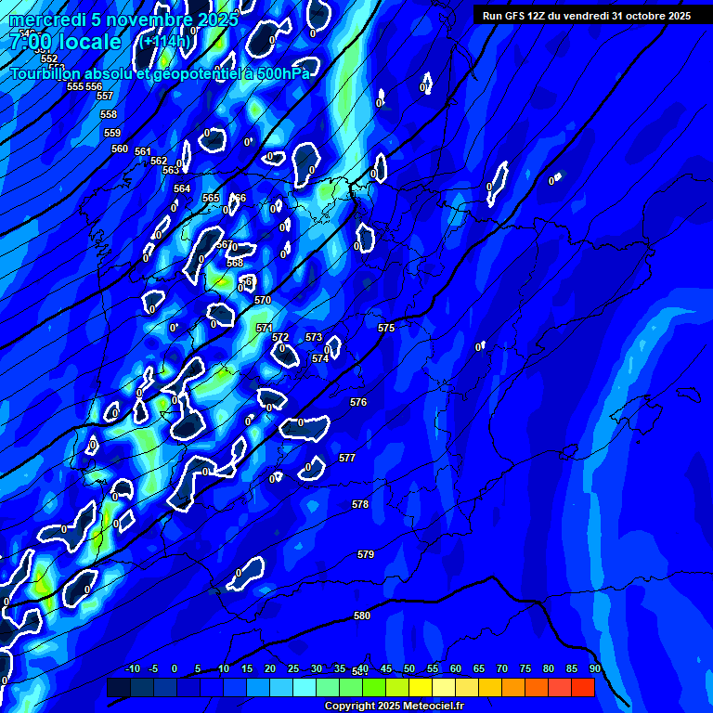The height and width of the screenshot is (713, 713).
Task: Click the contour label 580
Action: pos(362,616)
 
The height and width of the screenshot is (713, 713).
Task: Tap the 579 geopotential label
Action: pos(366,554)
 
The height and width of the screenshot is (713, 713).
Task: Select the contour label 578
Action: pos(360,504)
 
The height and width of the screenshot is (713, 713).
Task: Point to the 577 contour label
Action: pos(347,458)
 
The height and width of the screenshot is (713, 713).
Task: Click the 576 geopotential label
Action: pos(358,402)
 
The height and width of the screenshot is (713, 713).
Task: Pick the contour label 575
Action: pos(386,328)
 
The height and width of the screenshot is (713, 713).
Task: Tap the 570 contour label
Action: pos(263,300)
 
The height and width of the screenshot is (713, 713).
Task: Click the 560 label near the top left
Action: pos(120,149)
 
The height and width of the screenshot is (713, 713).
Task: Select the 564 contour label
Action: pos(182,188)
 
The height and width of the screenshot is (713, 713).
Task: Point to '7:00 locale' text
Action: pos(65,42)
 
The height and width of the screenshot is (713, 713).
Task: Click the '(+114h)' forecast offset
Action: pos(166,41)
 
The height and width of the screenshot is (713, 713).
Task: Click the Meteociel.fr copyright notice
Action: pos(394,707)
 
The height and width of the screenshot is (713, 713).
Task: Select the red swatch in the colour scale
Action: pos(582,687)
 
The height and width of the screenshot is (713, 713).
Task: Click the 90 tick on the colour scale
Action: pos(594,668)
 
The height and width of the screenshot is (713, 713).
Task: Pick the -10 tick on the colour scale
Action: pos(132,668)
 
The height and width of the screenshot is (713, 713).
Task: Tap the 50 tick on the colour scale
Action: pos(409,668)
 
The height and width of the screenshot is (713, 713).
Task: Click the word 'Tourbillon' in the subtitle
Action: pos(45,73)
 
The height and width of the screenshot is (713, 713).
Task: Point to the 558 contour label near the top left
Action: pos(109,114)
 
